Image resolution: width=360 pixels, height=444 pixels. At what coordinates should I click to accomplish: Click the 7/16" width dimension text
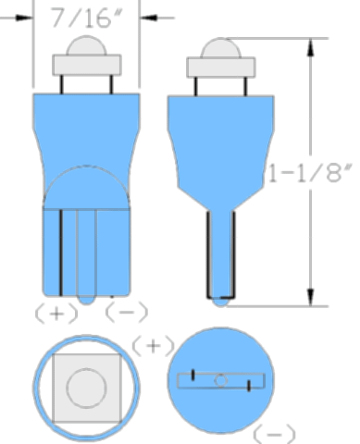coord(86,18)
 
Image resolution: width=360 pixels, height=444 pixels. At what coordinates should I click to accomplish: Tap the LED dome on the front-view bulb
coord(86,45)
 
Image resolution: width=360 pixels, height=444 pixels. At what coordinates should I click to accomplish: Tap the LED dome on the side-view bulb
coord(221,48)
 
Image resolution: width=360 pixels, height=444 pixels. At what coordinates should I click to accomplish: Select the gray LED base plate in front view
coord(87,65)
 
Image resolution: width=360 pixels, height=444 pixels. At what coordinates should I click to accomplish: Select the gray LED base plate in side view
coord(221,68)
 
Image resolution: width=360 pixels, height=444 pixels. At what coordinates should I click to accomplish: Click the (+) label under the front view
coord(56,313)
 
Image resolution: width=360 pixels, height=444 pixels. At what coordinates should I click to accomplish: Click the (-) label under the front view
coord(127,312)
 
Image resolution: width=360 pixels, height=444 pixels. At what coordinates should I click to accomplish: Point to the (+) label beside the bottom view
coord(154,346)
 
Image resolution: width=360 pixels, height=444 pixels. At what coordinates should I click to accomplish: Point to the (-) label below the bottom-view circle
coord(274,434)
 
